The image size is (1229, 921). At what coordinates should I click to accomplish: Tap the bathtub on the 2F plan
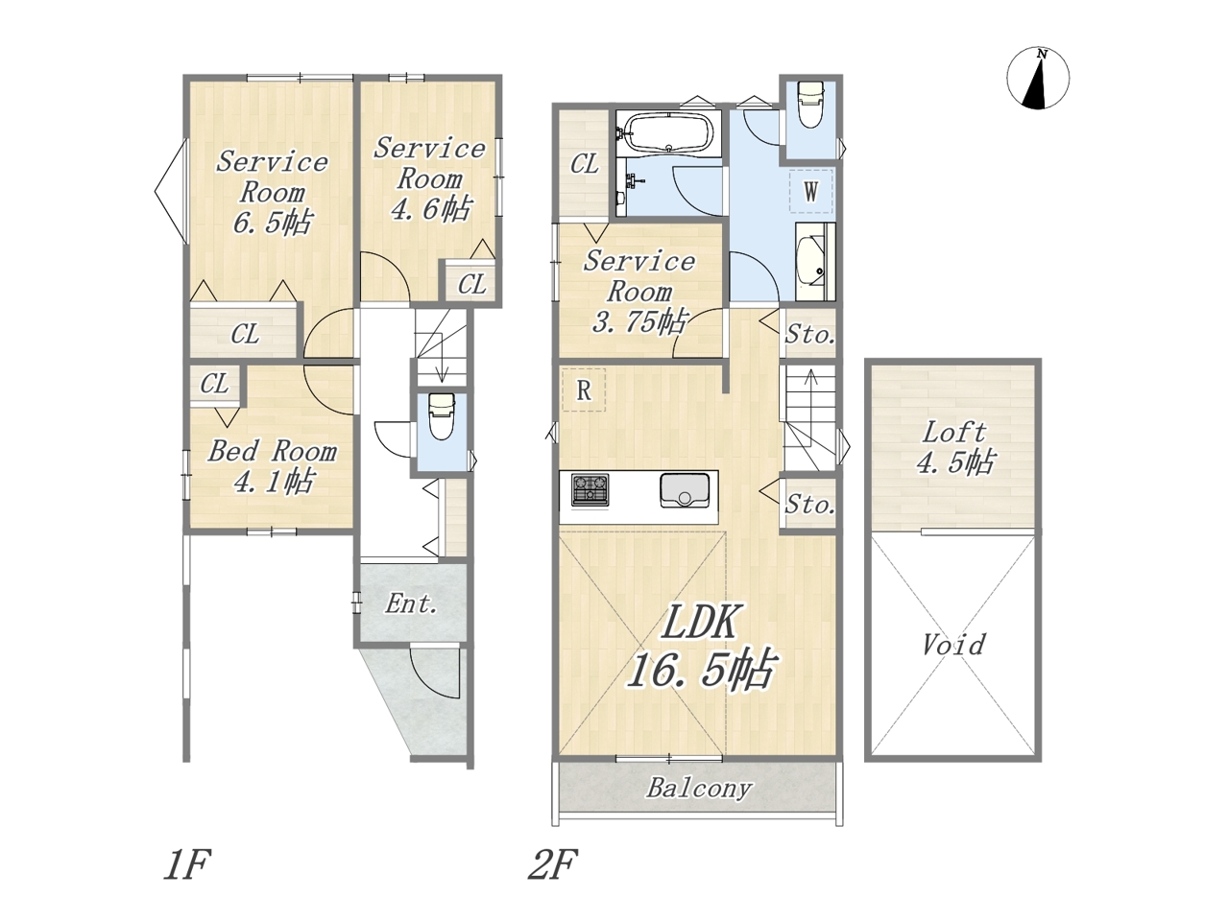[668, 132]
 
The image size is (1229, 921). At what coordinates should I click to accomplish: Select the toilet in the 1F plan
[442, 415]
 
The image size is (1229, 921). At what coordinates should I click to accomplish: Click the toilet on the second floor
[809, 106]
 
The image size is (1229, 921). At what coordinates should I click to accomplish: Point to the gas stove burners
[590, 489]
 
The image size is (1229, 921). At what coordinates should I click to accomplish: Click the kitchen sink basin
[685, 490]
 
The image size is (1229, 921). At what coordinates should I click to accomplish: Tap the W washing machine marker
[810, 191]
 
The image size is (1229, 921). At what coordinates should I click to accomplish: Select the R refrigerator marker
[584, 390]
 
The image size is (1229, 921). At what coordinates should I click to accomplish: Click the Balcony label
[699, 789]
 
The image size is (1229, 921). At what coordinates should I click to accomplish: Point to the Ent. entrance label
[411, 604]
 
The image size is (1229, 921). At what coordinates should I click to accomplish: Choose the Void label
[953, 645]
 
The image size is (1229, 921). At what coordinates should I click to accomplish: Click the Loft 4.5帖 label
[954, 447]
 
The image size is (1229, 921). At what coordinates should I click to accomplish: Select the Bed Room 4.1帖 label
[272, 466]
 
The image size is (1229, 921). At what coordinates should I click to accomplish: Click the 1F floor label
[186, 864]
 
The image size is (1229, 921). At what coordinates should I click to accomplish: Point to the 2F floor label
[553, 864]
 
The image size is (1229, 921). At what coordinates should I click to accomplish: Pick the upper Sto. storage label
[809, 335]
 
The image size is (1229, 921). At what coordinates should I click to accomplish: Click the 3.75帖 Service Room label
[639, 292]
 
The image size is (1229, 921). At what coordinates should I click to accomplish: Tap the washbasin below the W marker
[813, 262]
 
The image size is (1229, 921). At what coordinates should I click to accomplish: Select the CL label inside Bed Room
[214, 384]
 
